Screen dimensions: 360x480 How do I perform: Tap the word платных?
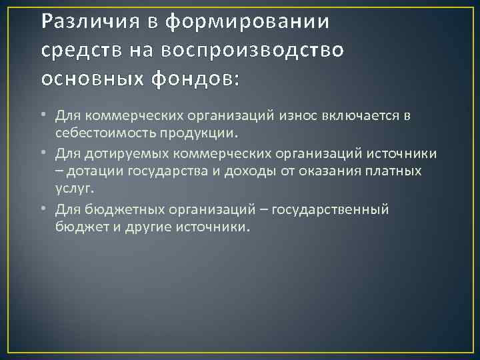(395, 172)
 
